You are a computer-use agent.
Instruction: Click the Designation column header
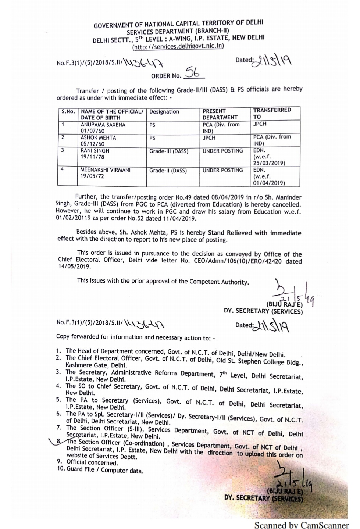164,112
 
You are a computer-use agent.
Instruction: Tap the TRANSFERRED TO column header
272,113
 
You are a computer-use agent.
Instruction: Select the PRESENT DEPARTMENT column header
220,114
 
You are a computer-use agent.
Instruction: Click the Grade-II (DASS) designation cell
168,171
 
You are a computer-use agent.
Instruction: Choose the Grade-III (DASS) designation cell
168,151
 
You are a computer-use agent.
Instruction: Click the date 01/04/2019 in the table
269,183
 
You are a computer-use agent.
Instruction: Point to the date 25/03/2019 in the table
269,163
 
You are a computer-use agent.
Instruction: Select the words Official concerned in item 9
92,463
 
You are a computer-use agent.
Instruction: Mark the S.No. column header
68,111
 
